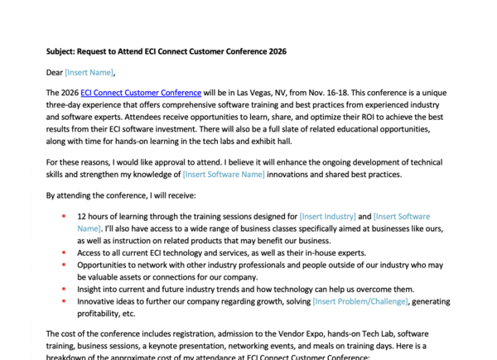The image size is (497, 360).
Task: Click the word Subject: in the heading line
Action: [x=64, y=50]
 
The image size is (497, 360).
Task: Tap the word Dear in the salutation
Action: [x=55, y=72]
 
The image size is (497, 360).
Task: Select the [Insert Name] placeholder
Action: [x=89, y=72]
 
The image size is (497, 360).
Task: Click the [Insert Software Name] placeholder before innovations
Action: [x=224, y=175]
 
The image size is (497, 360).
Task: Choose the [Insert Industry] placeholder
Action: [x=328, y=217]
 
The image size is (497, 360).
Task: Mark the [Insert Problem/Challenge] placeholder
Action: [x=359, y=301]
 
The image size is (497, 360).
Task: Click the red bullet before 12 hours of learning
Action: [x=64, y=217]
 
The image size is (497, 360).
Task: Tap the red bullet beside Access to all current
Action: [x=64, y=253]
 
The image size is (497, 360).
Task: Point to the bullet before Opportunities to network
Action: [x=64, y=265]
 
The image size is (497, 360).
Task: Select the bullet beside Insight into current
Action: [x=64, y=289]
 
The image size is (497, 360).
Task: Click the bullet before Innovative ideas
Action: [x=64, y=301]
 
